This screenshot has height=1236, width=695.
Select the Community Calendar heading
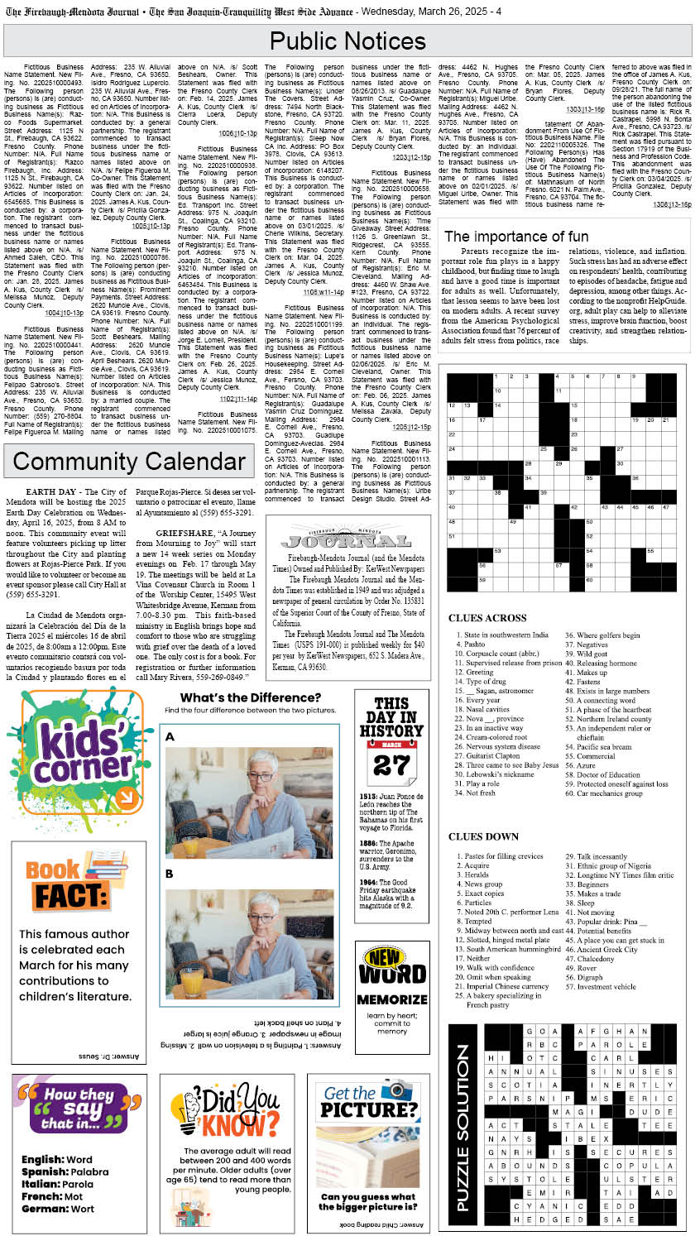129,462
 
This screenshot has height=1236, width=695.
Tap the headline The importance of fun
516,237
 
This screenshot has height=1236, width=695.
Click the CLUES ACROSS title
487,618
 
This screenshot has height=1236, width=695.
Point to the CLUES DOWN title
483,836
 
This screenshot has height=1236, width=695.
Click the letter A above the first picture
170,737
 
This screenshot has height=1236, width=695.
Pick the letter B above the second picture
170,874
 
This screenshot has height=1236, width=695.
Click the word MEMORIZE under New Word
391,999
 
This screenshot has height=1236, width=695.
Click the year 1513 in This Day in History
369,796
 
